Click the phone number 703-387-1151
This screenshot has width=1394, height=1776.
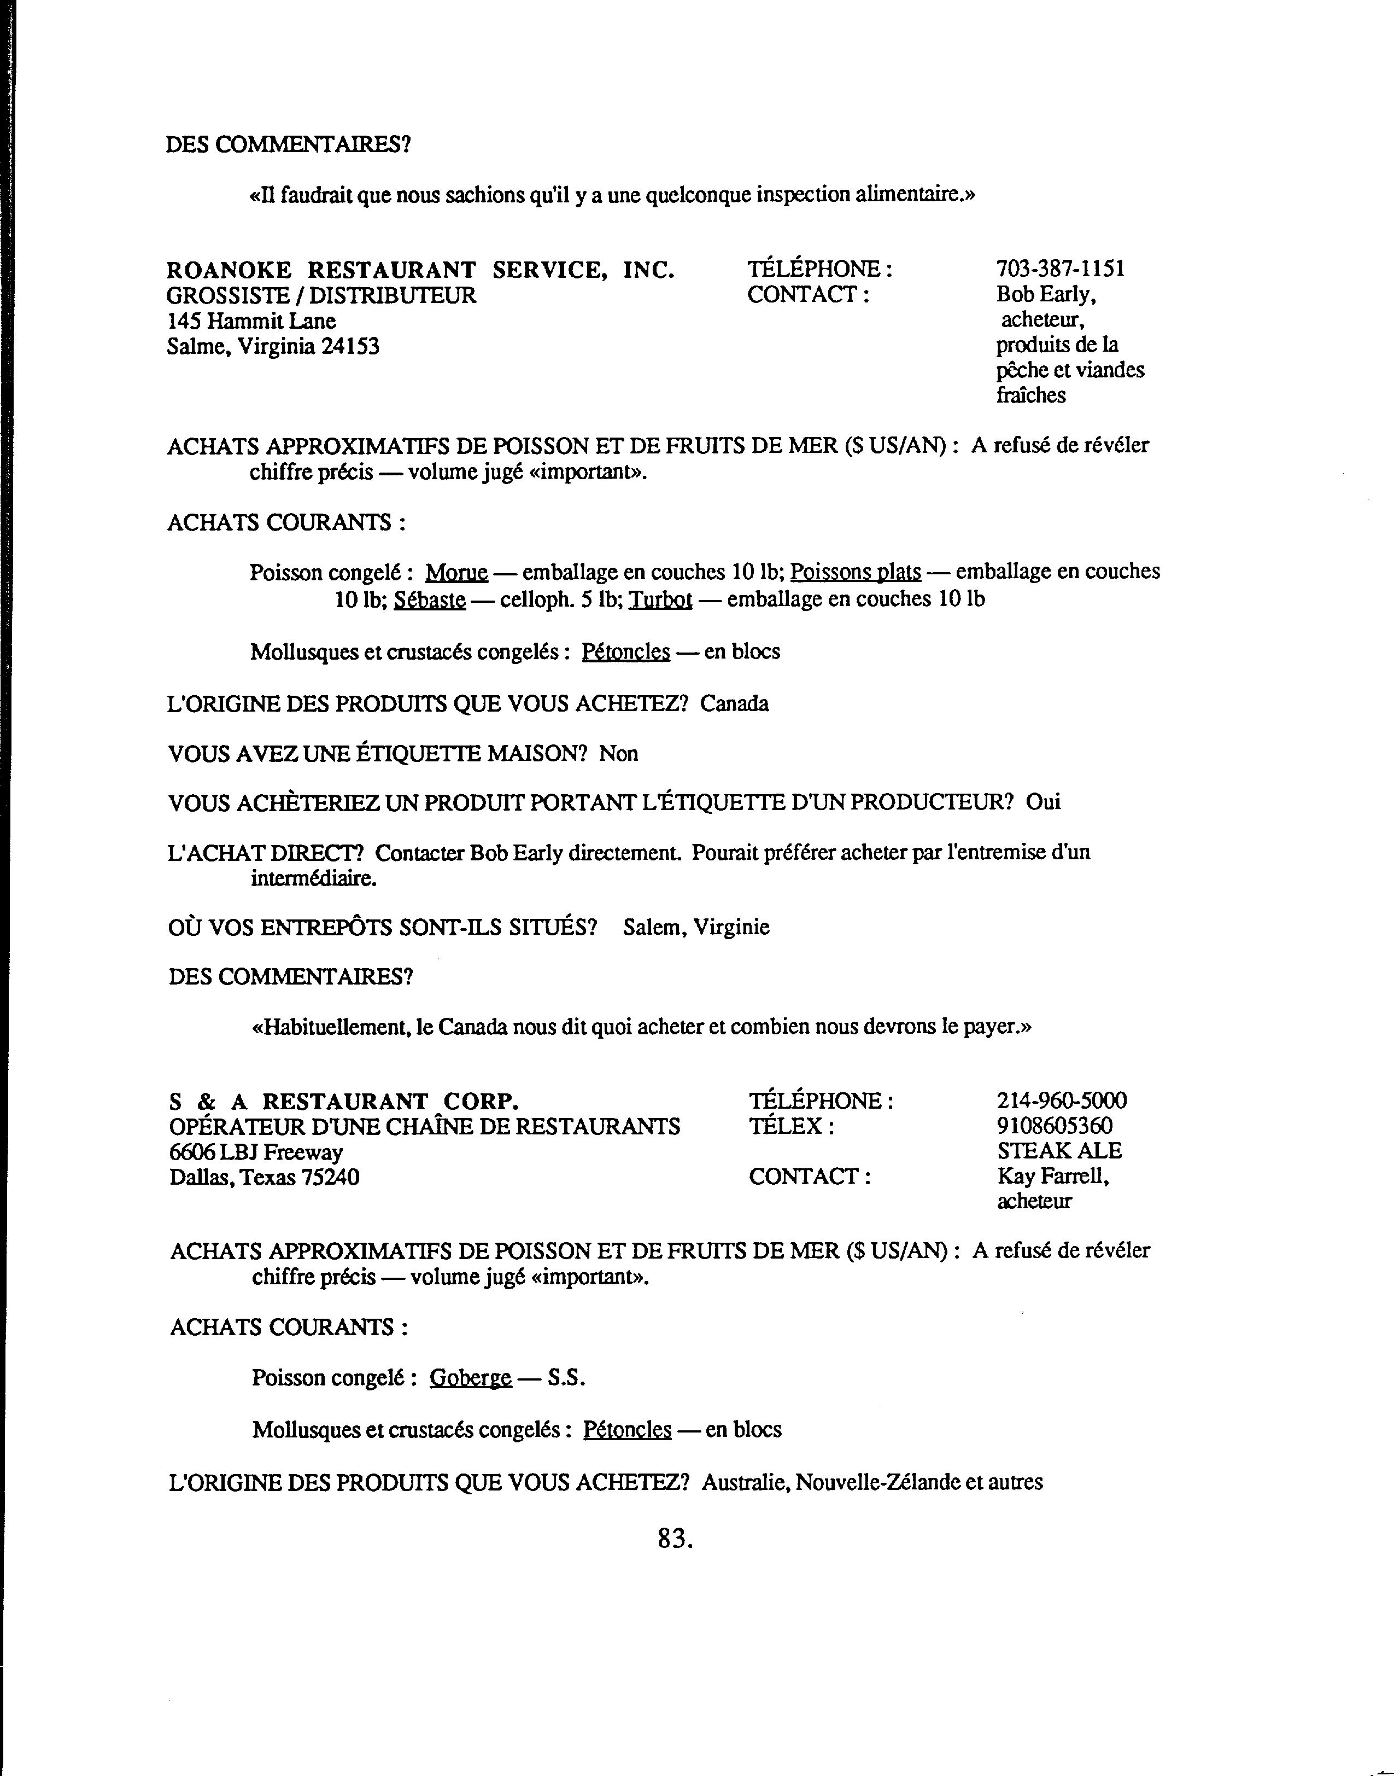tap(1059, 269)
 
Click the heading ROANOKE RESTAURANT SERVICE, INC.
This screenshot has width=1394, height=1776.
tap(420, 270)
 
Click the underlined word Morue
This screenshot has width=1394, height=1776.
tap(456, 573)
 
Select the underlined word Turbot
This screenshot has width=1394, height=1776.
tap(660, 600)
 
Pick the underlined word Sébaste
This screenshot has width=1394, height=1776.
tap(429, 600)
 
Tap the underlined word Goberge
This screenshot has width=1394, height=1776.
tap(470, 1378)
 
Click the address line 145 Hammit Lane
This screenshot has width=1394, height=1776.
tap(251, 321)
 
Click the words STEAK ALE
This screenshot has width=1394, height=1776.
tap(1058, 1151)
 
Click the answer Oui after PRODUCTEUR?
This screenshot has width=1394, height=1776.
tap(1043, 802)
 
